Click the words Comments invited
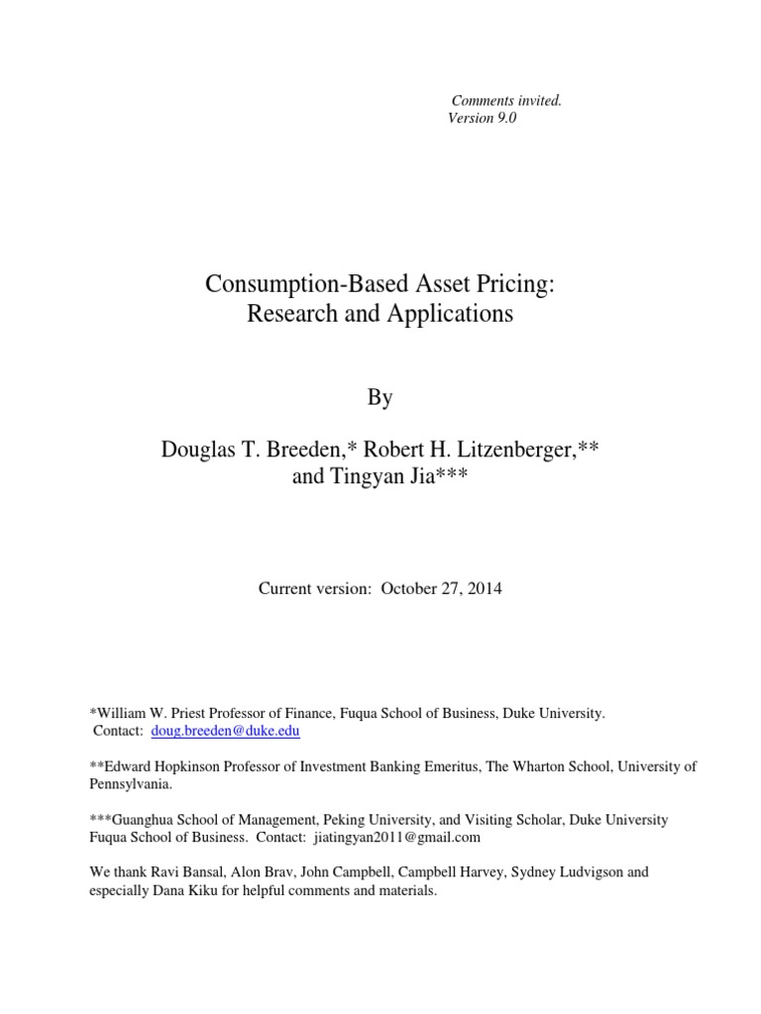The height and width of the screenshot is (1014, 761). click(506, 100)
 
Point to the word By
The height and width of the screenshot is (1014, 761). click(380, 397)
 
